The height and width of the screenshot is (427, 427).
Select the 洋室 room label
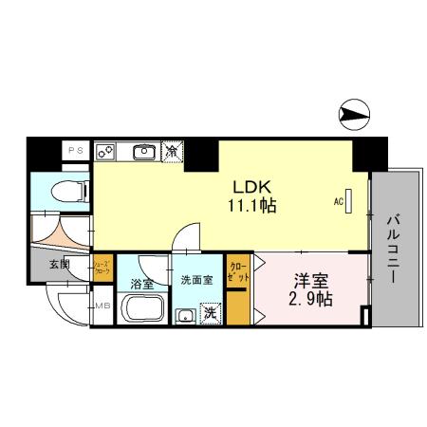tap(310, 281)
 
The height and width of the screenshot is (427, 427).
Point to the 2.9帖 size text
tap(310, 300)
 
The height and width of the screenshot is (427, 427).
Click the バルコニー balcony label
tap(392, 250)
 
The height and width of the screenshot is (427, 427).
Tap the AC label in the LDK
tap(338, 201)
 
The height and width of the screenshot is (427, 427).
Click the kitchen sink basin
tap(144, 150)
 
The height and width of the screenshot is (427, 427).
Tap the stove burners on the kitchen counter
tap(106, 150)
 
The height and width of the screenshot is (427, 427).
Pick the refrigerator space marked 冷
tap(173, 150)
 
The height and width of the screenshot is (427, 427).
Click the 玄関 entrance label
tap(58, 266)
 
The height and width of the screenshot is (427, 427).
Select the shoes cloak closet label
tap(102, 268)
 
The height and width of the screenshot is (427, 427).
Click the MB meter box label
tap(102, 306)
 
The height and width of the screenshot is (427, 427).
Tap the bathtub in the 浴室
tap(143, 309)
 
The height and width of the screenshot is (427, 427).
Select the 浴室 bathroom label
tap(142, 283)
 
